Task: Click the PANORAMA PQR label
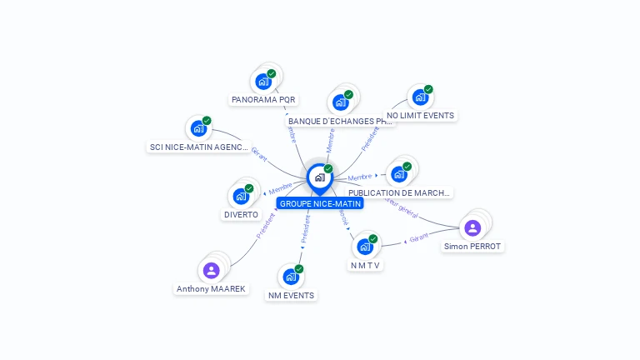(x=263, y=99)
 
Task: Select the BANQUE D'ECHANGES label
(x=339, y=121)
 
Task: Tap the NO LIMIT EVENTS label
(x=421, y=115)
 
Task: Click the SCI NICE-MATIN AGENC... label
(x=198, y=147)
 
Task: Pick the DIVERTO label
(x=241, y=214)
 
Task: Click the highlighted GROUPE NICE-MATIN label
(x=320, y=203)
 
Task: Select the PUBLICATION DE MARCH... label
(x=399, y=192)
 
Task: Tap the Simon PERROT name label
(x=472, y=247)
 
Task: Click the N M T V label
(x=365, y=265)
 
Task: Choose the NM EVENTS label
(x=291, y=295)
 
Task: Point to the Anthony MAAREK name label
(x=211, y=288)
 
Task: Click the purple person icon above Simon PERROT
(x=472, y=227)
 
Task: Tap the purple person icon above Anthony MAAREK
(x=211, y=270)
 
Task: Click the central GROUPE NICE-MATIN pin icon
(x=319, y=177)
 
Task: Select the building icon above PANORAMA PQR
(x=263, y=81)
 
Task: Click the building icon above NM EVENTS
(x=291, y=276)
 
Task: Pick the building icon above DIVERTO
(x=241, y=196)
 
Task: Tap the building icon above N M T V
(x=365, y=247)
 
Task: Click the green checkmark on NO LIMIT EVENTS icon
(x=428, y=89)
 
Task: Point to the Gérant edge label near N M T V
(x=419, y=237)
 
